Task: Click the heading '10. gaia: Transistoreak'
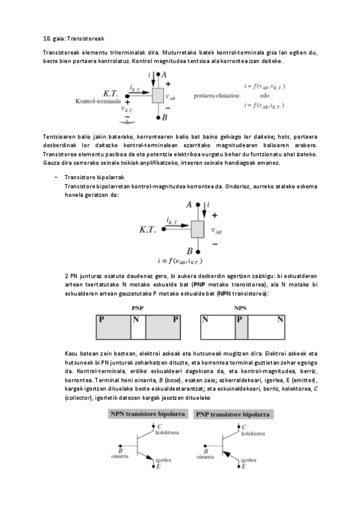click(x=66, y=38)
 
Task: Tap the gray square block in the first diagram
click(x=158, y=96)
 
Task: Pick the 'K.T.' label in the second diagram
click(x=148, y=229)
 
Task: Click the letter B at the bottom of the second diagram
click(x=190, y=251)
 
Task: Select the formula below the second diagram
click(x=180, y=260)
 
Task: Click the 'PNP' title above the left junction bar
click(x=138, y=307)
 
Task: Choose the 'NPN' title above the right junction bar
click(x=241, y=307)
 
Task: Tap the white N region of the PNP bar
click(x=138, y=328)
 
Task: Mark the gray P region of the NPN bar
click(x=241, y=328)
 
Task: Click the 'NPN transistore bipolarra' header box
click(x=147, y=414)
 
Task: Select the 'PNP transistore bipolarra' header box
click(x=234, y=414)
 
